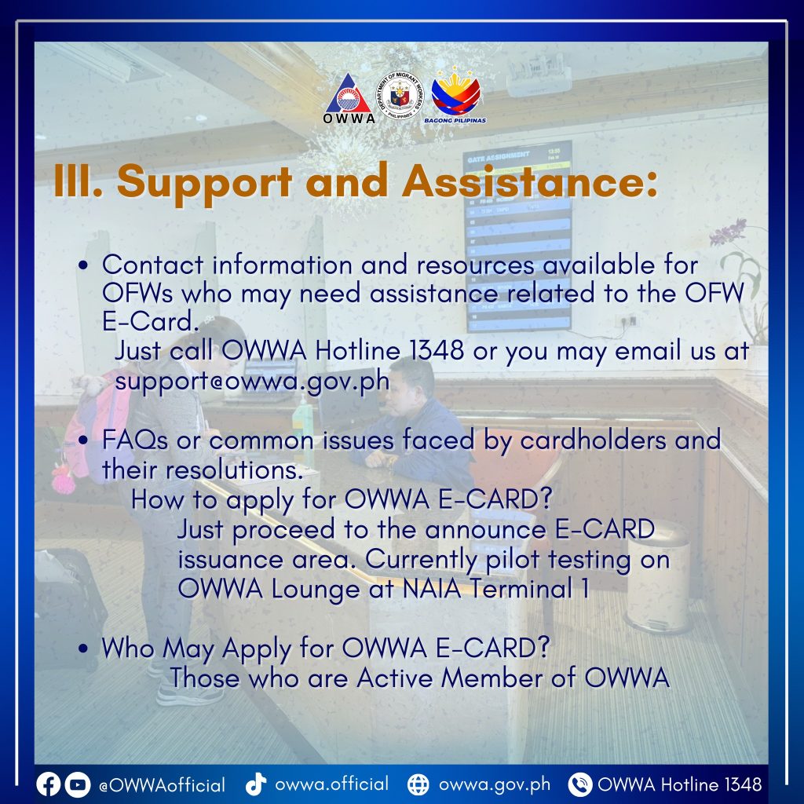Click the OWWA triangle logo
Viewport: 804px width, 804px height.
349,97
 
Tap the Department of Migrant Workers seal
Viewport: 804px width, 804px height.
400,95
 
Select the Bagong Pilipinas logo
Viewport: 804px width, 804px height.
455,95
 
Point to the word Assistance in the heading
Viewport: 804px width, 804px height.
530,181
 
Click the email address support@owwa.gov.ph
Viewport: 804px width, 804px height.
252,381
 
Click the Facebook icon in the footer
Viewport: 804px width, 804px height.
48,784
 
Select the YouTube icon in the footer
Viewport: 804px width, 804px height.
78,784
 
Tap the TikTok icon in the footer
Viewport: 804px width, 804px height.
256,784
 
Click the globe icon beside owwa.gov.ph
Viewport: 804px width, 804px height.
418,784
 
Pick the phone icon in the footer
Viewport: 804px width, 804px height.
580,784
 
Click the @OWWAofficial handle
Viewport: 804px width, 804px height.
162,785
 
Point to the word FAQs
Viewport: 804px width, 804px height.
135,440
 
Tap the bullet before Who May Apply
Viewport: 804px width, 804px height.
83,648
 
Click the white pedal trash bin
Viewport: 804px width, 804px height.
658,577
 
